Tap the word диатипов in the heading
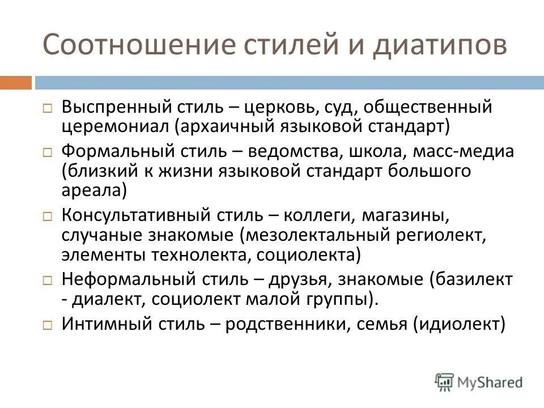point(440,46)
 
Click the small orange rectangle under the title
point(16,83)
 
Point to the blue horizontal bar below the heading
point(289,83)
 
